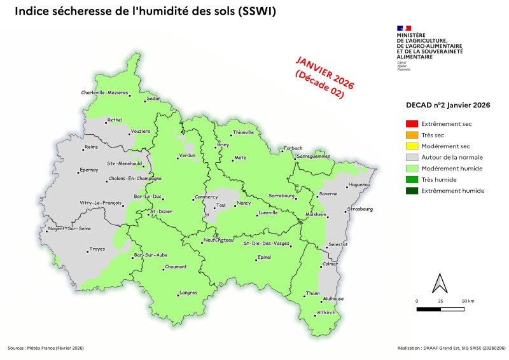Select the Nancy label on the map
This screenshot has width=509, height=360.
pyautogui.click(x=244, y=203)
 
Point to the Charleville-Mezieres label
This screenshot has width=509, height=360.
pyautogui.click(x=104, y=93)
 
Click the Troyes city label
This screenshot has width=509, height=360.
pyautogui.click(x=97, y=249)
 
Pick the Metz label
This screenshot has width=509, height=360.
pyautogui.click(x=240, y=156)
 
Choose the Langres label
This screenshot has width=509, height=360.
pyautogui.click(x=188, y=292)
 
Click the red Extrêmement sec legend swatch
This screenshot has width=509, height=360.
pyautogui.click(x=412, y=123)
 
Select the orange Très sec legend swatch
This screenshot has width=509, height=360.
pyautogui.click(x=412, y=134)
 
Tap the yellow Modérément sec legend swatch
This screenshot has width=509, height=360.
pyautogui.click(x=412, y=146)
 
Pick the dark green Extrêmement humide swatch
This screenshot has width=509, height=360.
pyautogui.click(x=412, y=191)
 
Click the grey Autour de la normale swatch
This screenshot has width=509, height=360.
pyautogui.click(x=412, y=156)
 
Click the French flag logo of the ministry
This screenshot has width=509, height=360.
pyautogui.click(x=403, y=27)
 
